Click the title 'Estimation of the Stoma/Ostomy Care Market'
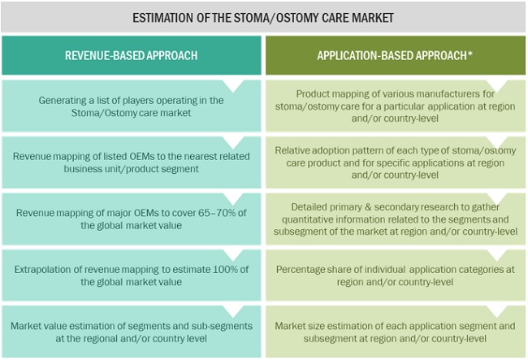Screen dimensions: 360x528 [x=264, y=16]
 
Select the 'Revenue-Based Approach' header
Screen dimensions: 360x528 [x=131, y=55]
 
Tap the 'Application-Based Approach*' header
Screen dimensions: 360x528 [x=396, y=55]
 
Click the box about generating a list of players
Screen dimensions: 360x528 [x=132, y=106]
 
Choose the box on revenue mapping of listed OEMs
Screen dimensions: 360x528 [x=132, y=163]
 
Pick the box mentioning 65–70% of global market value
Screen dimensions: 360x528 [x=132, y=219]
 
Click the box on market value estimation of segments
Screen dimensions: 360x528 [x=132, y=332]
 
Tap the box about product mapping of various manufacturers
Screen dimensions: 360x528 [x=396, y=106]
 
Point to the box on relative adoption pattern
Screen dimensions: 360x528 [x=396, y=163]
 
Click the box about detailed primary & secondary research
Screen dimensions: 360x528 [x=396, y=219]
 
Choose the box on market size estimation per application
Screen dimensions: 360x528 [x=396, y=332]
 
